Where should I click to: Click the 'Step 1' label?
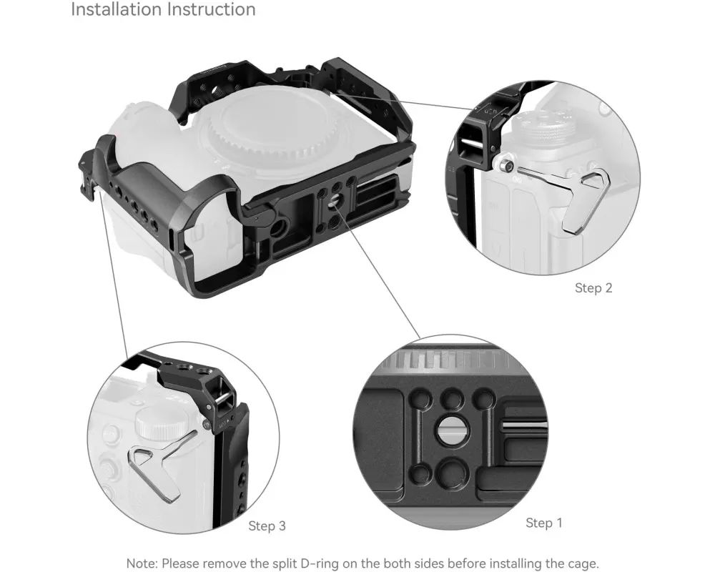(x=544, y=523)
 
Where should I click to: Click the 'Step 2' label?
(x=593, y=288)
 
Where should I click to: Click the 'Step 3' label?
(x=267, y=526)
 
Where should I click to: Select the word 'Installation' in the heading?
(x=116, y=9)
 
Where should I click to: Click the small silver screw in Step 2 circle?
(x=505, y=166)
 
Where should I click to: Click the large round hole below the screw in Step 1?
(x=450, y=474)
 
